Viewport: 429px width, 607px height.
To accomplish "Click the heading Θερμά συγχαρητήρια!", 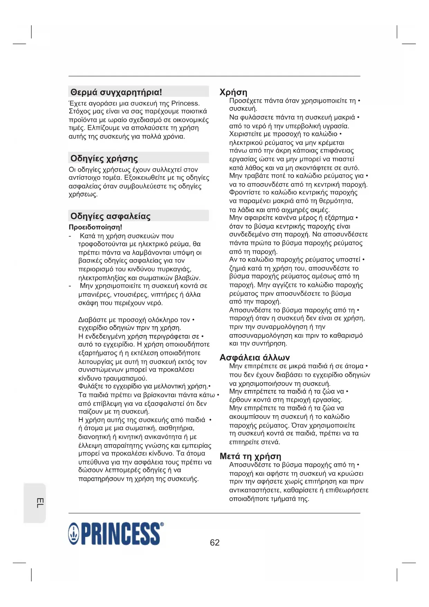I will point(116,92).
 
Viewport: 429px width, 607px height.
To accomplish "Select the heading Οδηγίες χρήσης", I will point(104,158).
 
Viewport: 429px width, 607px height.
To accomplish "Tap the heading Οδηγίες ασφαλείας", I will point(110,216).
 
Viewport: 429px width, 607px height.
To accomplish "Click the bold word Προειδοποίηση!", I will point(95,227).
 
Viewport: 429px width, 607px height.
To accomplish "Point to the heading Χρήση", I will point(233,92).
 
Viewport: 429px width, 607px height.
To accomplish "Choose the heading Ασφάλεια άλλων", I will point(254,357).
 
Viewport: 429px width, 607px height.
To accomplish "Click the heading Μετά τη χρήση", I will point(250,456).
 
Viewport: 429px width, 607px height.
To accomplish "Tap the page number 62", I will point(215,542).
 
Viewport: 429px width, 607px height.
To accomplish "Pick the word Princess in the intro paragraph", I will point(185,103).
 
